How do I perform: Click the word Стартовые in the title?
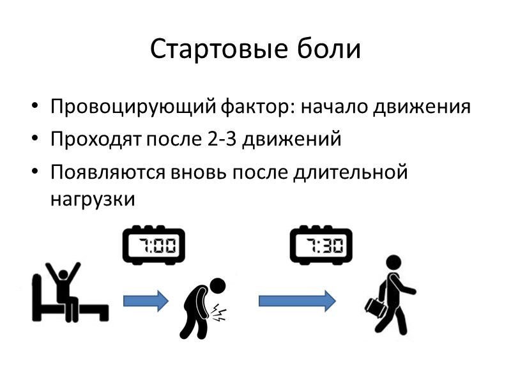210,50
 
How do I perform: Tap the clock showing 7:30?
319,245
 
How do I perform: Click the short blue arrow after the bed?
145,299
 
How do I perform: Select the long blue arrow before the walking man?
296,299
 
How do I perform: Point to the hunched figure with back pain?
201,305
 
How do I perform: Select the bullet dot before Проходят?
35,140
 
